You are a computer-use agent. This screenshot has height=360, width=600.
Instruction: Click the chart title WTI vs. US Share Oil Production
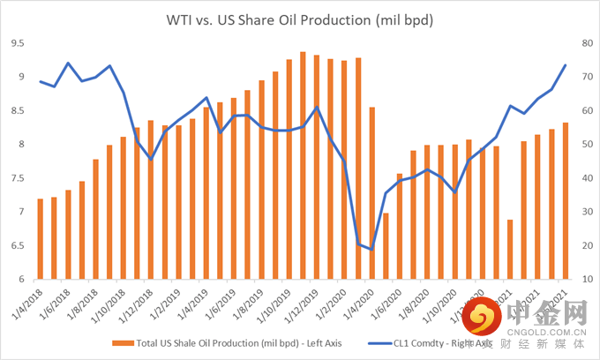click(299, 19)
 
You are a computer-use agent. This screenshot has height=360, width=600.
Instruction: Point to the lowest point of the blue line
click(371, 250)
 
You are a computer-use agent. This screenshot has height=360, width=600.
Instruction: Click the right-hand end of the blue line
click(565, 65)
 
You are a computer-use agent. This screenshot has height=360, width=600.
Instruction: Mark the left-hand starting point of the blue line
click(40, 81)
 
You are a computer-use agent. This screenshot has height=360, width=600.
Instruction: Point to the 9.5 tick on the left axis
click(19, 43)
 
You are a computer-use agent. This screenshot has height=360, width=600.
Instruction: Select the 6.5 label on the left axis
click(19, 246)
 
